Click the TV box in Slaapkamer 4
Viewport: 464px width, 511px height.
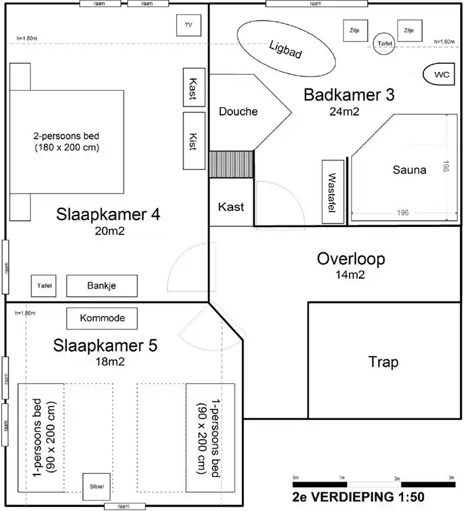coord(188,25)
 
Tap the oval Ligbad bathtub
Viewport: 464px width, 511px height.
coord(287,48)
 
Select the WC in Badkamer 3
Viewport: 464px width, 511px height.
coord(441,75)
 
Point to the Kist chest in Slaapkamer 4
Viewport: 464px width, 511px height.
coord(193,140)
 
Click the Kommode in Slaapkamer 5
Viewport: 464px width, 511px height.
coord(102,319)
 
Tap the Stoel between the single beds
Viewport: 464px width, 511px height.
coord(92,486)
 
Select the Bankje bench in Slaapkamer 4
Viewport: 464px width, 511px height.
coord(102,286)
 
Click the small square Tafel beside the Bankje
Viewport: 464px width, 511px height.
coord(44,286)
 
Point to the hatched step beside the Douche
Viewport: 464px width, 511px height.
coord(231,164)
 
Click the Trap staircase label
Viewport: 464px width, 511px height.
coord(384,362)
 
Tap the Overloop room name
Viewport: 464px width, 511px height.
coord(350,258)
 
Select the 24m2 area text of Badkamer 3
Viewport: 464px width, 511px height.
coord(344,111)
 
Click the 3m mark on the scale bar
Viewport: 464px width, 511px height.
coord(451,478)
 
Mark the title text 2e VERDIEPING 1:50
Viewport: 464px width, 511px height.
coord(358,496)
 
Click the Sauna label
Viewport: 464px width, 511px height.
coord(409,170)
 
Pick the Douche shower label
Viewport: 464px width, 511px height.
coord(238,111)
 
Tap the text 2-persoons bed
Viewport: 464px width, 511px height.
coord(66,136)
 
